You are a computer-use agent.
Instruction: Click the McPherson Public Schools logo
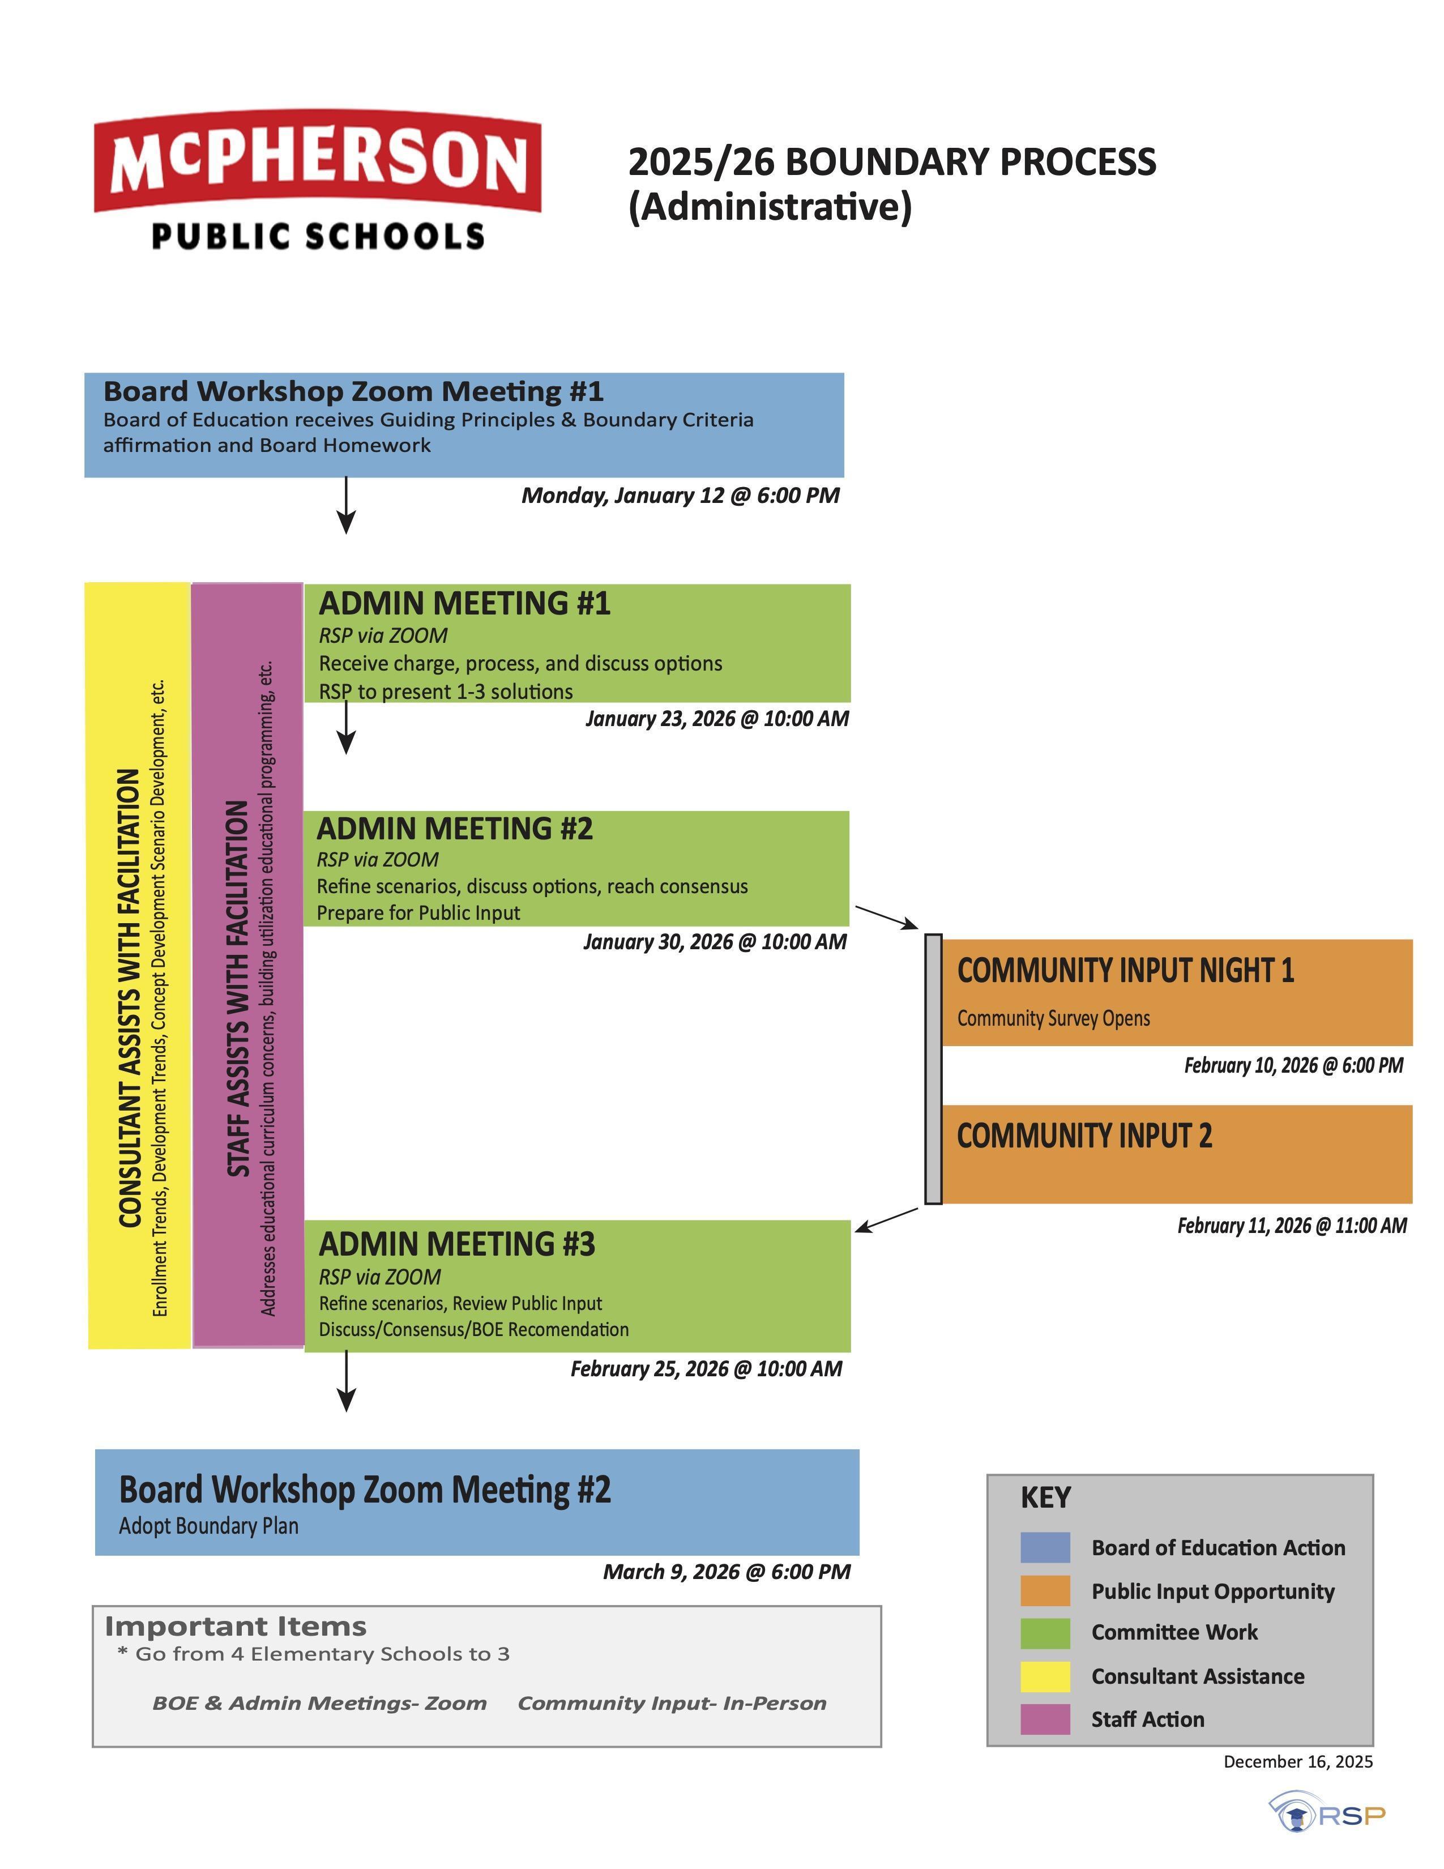click(317, 179)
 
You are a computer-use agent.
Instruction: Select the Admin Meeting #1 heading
click(464, 603)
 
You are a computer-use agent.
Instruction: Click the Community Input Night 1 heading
click(1125, 970)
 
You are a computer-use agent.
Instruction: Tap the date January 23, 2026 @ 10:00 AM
click(717, 719)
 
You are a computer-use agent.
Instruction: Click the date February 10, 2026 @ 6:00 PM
click(1293, 1065)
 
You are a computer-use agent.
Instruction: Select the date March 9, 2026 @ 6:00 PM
click(727, 1572)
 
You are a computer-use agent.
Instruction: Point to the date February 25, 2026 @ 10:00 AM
click(706, 1369)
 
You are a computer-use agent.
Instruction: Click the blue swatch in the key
click(1045, 1547)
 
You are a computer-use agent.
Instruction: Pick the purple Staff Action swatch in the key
click(1045, 1719)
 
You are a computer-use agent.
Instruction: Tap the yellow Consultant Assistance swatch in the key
click(1045, 1676)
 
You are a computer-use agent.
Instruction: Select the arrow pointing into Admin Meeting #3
click(886, 1219)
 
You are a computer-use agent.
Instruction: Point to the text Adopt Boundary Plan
click(209, 1526)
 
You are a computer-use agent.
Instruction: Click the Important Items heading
click(235, 1626)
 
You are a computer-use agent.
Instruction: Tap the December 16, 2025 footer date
click(1298, 1761)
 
